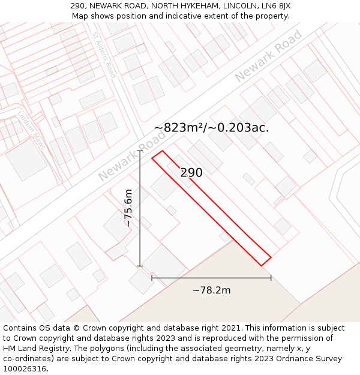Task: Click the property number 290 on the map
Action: [191, 173]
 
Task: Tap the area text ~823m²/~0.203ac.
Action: [211, 128]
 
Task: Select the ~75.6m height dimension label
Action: [128, 208]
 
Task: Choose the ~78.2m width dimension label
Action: [211, 290]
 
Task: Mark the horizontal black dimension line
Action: [211, 278]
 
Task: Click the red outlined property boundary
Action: [211, 208]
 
